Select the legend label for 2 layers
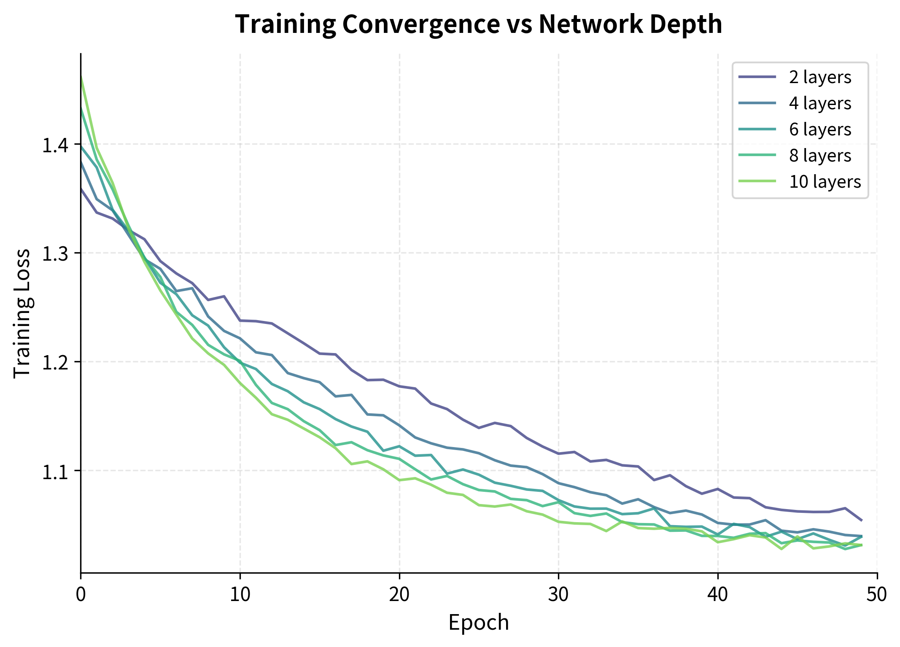[x=820, y=77]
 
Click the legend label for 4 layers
[x=820, y=103]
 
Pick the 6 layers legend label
[x=820, y=129]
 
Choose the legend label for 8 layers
[x=820, y=156]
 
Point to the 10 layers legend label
[x=825, y=182]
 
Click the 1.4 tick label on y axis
[x=55, y=145]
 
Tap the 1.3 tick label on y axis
[x=55, y=253]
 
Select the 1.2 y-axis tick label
[x=55, y=362]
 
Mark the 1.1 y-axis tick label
[x=55, y=471]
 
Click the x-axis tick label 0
[x=81, y=594]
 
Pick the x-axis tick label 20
[x=399, y=594]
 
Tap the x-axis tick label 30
[x=558, y=594]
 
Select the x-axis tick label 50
[x=877, y=594]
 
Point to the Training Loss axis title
[x=22, y=313]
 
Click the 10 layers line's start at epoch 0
[x=81, y=76]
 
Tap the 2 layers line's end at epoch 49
[x=861, y=520]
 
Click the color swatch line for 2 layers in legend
[x=757, y=77]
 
